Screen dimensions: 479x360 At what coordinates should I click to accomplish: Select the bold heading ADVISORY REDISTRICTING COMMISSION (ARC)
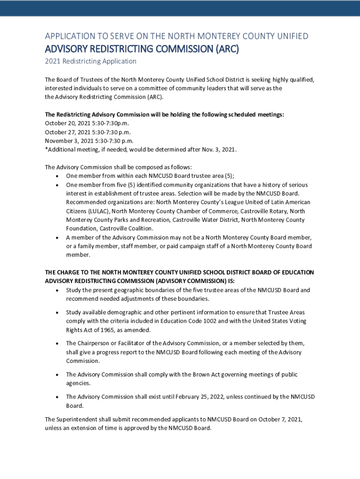[142, 49]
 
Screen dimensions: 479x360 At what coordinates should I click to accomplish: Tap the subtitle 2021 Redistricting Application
[91, 61]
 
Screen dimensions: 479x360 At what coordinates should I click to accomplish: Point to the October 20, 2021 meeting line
[86, 123]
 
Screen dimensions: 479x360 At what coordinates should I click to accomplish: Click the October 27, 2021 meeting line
[87, 132]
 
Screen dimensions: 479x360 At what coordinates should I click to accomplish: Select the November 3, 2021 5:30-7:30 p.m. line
[89, 140]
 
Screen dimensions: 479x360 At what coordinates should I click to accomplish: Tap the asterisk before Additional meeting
[46, 149]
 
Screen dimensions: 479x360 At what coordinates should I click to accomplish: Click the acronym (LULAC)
[77, 211]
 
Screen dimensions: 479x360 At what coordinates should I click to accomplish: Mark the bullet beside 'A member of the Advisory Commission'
[57, 238]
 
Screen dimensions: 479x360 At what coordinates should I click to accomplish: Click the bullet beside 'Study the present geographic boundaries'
[57, 290]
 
